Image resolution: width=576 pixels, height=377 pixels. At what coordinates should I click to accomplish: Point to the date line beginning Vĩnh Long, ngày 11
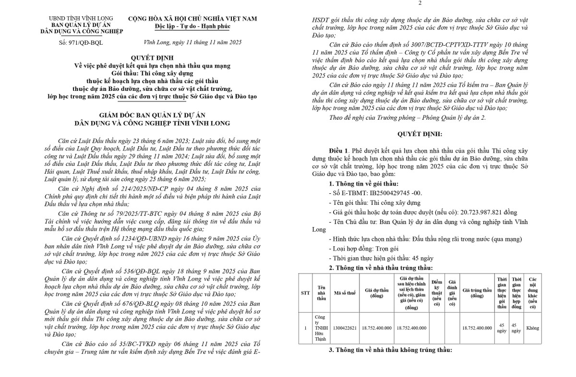click(x=192, y=42)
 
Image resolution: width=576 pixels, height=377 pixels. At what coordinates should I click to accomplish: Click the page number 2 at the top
click(x=420, y=4)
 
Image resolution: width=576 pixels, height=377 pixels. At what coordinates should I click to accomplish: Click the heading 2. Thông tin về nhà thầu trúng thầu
click(x=381, y=267)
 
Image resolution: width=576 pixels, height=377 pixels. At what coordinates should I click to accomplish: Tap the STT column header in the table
click(x=305, y=292)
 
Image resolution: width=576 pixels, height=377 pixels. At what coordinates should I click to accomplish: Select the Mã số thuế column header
click(x=345, y=292)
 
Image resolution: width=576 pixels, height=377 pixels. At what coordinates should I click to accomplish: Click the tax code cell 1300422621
click(x=345, y=328)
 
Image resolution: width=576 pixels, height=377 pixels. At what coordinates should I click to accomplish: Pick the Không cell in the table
click(x=532, y=328)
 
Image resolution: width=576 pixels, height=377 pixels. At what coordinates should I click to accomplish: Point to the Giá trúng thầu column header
click(x=477, y=292)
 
